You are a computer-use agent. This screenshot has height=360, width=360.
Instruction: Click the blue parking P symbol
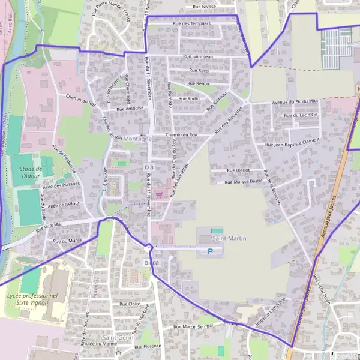[210, 251]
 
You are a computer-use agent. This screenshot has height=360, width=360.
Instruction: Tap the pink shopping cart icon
[158, 194]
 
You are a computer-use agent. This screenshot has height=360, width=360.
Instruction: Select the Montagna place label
[137, 139]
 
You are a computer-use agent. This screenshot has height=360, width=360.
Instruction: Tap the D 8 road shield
[149, 167]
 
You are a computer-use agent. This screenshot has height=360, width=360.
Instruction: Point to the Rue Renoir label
[198, 84]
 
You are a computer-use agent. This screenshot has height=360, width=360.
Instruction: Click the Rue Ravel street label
[200, 71]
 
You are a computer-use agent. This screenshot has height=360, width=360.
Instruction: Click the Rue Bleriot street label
[238, 170]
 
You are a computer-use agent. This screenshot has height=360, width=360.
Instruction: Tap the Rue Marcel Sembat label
[194, 326]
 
